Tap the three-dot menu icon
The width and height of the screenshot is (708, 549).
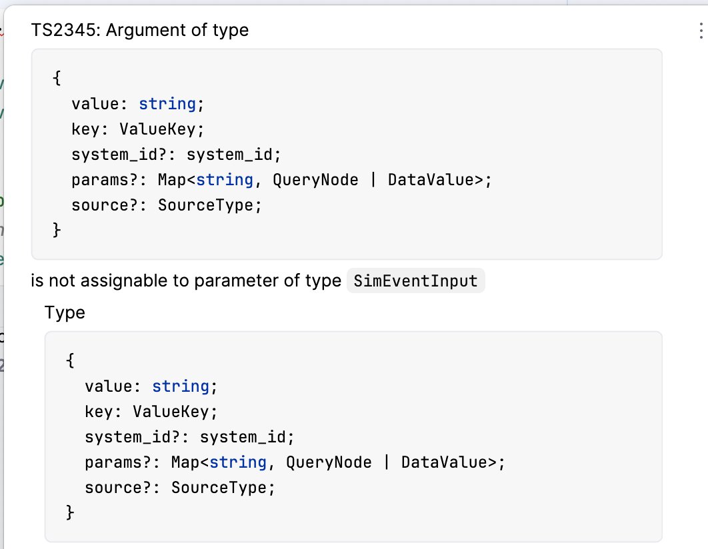pyautogui.click(x=699, y=31)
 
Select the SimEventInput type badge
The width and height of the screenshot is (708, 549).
pyautogui.click(x=416, y=281)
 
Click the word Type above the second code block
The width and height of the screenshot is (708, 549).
pyautogui.click(x=65, y=312)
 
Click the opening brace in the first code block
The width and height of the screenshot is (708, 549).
pyautogui.click(x=57, y=79)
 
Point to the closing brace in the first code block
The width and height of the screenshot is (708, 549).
pyautogui.click(x=57, y=230)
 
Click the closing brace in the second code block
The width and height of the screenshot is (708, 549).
pyautogui.click(x=71, y=513)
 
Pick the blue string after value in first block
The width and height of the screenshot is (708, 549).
pyautogui.click(x=167, y=104)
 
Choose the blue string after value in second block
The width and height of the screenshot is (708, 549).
pyautogui.click(x=181, y=387)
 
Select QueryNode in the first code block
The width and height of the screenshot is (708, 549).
pyautogui.click(x=315, y=180)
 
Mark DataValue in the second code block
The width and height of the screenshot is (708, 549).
pyautogui.click(x=445, y=463)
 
